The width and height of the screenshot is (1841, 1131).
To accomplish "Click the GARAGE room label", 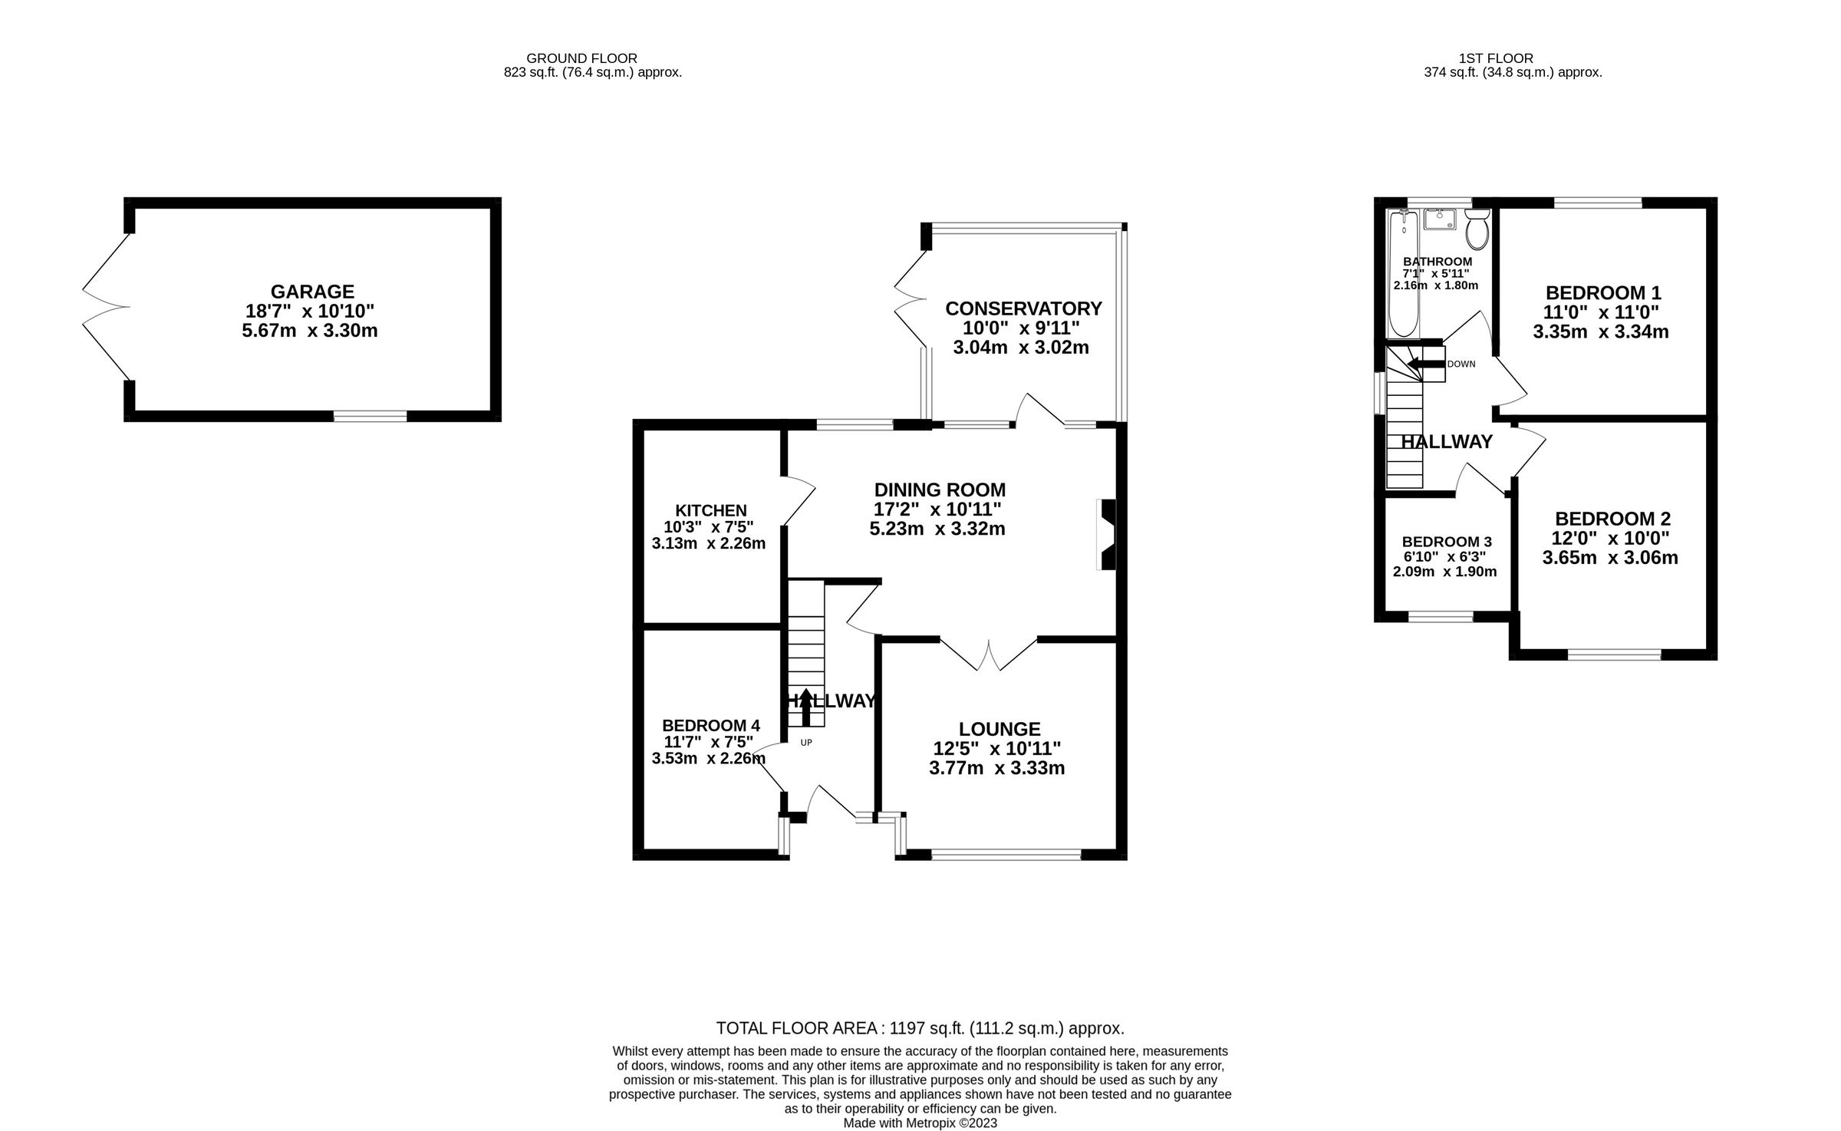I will point(312,292).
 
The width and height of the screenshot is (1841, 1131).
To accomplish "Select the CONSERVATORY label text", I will point(1023,308).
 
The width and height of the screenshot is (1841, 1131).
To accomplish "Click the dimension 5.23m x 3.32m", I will point(937,529).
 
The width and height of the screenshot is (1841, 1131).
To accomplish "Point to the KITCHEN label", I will point(710,510).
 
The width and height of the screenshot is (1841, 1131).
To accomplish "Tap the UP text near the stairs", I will point(806,742).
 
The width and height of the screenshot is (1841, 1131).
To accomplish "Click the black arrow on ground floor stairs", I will point(805,706).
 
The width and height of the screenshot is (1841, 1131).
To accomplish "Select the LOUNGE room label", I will point(999,728).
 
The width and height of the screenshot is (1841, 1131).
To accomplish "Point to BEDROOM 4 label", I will point(710,725).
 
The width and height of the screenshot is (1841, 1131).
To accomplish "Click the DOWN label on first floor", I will point(1461,364).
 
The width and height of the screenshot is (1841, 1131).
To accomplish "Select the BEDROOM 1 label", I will point(1602,292).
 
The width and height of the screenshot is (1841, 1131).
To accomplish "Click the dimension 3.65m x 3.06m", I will point(1609,558).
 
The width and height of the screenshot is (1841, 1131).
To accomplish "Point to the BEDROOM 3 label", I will point(1446,542).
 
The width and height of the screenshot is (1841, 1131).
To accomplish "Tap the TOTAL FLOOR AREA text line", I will point(920,1028).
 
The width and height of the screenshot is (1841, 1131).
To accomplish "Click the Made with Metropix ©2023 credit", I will point(920,1123).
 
